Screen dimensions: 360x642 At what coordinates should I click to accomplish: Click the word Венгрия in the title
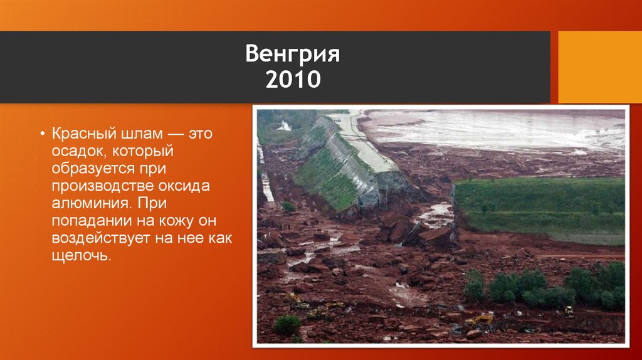[x=292, y=55]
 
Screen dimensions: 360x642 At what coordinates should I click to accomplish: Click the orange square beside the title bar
[x=599, y=67]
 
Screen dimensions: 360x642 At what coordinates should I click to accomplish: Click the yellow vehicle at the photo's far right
[x=569, y=310]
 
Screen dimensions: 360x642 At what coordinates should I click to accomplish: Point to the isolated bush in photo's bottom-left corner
[x=287, y=325]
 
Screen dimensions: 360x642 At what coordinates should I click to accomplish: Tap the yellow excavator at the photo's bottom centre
[x=480, y=320]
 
